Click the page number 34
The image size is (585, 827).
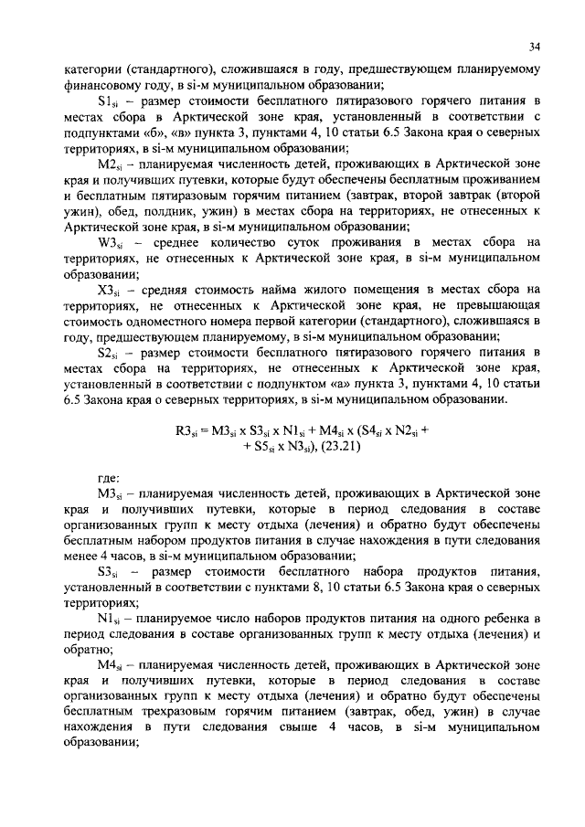coord(535,46)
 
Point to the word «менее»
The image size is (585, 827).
coord(80,556)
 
